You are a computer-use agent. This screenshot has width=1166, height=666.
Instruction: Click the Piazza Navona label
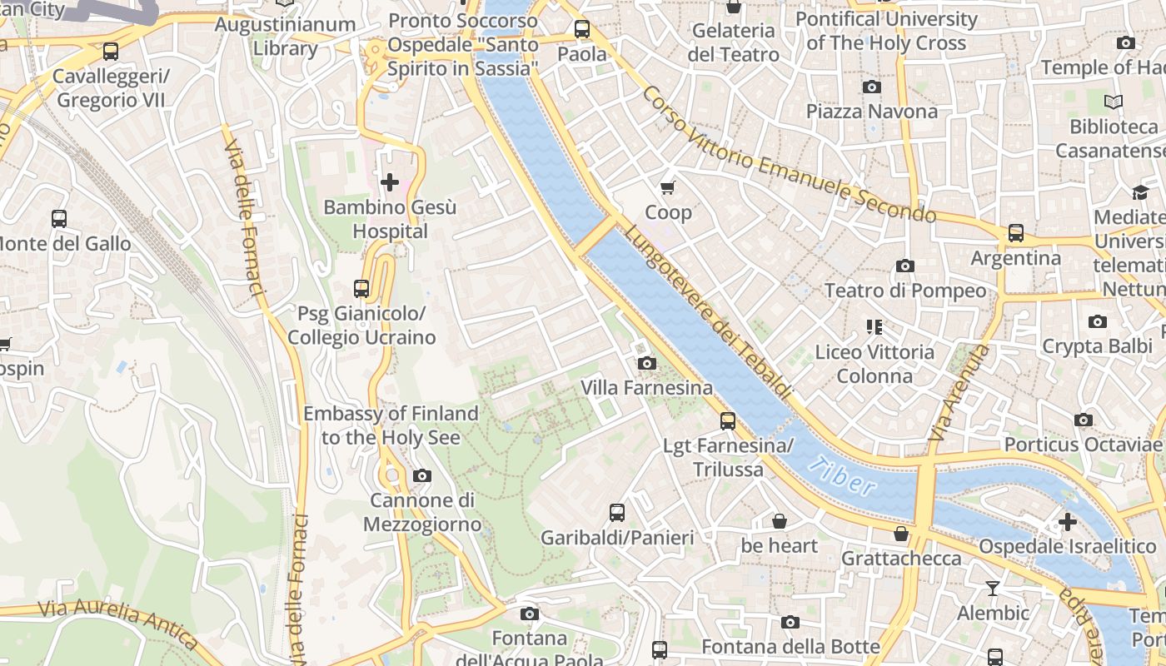click(x=871, y=111)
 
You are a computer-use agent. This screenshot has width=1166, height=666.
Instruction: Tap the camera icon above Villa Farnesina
click(x=646, y=363)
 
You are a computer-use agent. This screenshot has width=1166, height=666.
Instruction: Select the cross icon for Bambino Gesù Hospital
click(x=389, y=181)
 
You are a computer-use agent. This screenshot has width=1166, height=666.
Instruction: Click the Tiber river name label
click(x=844, y=478)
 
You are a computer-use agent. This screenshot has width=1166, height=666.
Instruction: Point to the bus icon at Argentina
click(x=1015, y=233)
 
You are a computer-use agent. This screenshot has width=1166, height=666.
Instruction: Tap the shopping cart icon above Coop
click(x=667, y=187)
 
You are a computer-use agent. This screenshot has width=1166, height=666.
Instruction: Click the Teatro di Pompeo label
click(x=904, y=291)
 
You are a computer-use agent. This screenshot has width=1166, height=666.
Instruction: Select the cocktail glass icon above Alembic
click(x=992, y=589)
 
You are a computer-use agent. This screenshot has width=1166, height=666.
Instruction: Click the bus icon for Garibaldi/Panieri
click(x=616, y=513)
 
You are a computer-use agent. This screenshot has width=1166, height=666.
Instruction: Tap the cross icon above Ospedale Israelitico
click(x=1067, y=522)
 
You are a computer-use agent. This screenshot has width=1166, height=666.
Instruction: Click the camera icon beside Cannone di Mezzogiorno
click(x=422, y=475)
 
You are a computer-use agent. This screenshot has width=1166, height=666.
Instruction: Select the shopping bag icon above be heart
click(x=779, y=521)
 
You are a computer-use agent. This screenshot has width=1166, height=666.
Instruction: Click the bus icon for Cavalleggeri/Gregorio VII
click(x=110, y=52)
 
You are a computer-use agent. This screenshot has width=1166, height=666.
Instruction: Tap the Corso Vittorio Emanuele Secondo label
click(x=788, y=156)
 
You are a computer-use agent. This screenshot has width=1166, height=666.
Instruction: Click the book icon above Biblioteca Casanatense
click(x=1113, y=102)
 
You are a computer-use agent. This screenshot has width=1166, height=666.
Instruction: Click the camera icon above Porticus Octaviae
click(x=1083, y=420)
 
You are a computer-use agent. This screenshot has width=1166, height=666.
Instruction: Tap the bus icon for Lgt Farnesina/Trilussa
click(x=728, y=421)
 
